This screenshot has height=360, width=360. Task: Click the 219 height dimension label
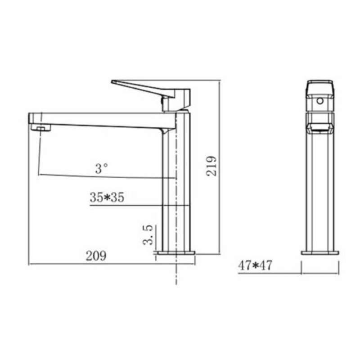click(212, 166)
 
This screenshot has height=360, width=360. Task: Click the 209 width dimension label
click(96, 256)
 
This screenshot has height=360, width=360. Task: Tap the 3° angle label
click(102, 169)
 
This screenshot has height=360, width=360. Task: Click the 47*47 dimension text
click(255, 265)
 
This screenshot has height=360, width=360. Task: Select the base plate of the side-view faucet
click(175, 253)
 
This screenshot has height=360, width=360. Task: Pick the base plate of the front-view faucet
click(320, 253)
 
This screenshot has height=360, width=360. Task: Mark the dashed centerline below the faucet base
click(175, 272)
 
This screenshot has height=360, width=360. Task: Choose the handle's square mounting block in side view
click(176, 100)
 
